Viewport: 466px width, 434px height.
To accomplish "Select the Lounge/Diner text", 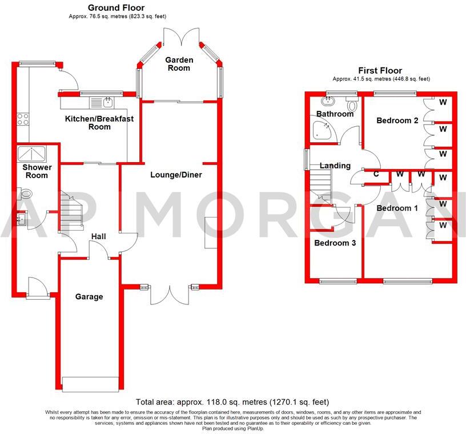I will (176, 174).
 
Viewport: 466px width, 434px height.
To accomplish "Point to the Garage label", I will (90, 296).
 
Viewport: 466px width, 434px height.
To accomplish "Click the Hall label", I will (98, 235).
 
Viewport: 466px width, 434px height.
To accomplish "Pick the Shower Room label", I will (37, 171).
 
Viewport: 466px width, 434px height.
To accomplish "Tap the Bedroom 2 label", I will (397, 120).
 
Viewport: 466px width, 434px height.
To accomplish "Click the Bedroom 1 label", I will (397, 208).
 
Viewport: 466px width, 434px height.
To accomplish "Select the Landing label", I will (335, 166).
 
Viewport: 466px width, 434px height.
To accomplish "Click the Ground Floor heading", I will (116, 7).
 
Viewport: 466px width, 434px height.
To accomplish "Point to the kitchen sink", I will (107, 103).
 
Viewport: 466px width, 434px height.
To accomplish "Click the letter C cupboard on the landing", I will (376, 174).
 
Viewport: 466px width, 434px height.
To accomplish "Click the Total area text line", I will (232, 402).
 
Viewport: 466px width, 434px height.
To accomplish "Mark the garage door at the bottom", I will (91, 384).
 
